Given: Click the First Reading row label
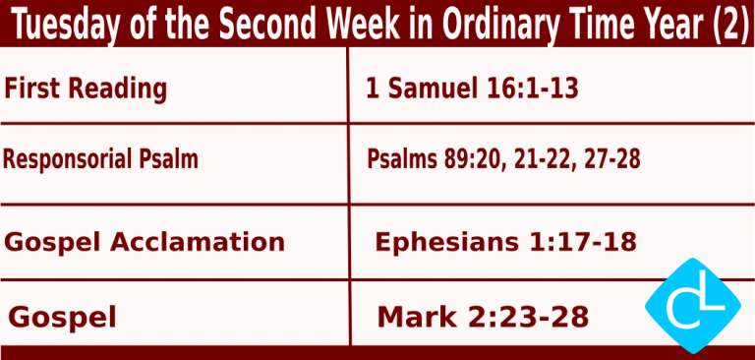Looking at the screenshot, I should pos(86,89).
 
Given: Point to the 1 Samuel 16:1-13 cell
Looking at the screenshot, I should pos(471,90).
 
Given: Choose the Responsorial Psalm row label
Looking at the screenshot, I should pos(100,158).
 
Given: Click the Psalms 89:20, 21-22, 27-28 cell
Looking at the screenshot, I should pos(503,158).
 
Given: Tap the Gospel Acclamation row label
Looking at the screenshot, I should pos(145,241).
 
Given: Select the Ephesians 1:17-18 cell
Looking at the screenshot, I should pos(505,241).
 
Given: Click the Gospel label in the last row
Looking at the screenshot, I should pos(62,317).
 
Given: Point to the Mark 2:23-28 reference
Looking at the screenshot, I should pos(483,317).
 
